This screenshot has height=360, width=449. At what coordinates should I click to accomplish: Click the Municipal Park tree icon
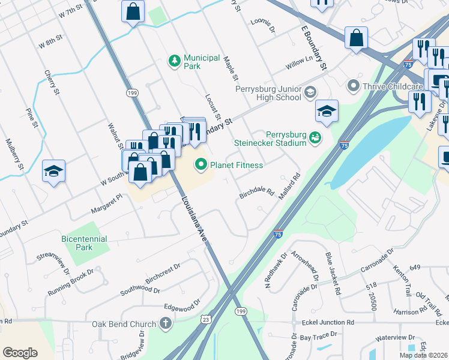pyautogui.click(x=174, y=60)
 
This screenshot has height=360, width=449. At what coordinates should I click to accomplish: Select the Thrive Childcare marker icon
pyautogui.click(x=353, y=86)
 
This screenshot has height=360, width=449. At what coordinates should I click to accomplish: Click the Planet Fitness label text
pyautogui.click(x=236, y=165)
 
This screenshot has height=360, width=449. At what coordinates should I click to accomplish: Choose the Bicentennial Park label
pyautogui.click(x=84, y=242)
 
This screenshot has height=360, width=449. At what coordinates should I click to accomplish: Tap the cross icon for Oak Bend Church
pyautogui.click(x=166, y=324)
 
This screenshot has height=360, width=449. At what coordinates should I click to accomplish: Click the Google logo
pyautogui.click(x=20, y=352)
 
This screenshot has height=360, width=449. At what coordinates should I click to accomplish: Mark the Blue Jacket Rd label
pyautogui.click(x=333, y=274)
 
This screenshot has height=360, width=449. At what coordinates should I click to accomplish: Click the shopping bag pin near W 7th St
pyautogui.click(x=133, y=11)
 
